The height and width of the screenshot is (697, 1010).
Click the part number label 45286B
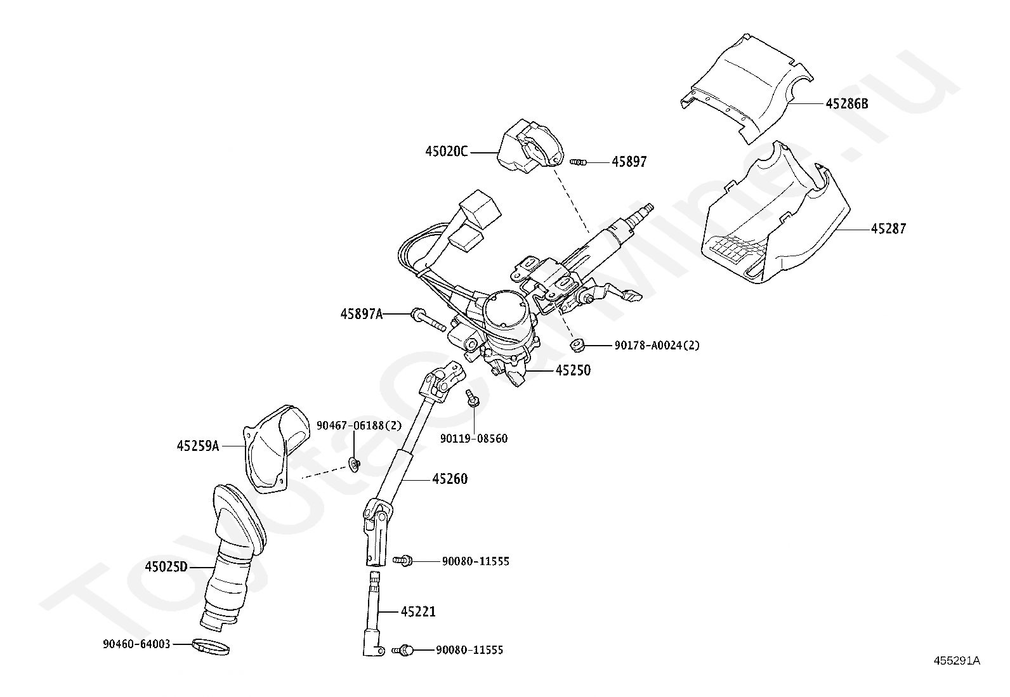click(847, 103)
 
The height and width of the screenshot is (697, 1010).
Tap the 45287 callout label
click(888, 228)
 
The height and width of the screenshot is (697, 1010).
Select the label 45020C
click(447, 152)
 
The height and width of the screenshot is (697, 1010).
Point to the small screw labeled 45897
click(578, 161)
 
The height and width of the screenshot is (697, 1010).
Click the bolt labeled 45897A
click(428, 320)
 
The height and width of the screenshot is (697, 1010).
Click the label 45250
click(573, 370)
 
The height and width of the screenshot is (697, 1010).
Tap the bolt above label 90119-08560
click(473, 398)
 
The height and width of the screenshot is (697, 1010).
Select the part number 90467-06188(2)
click(359, 425)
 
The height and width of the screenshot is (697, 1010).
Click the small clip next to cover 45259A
click(355, 464)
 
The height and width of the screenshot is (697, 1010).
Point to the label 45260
click(450, 479)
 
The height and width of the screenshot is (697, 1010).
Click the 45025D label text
click(166, 566)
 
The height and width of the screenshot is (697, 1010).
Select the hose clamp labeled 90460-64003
click(211, 648)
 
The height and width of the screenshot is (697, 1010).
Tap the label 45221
click(419, 612)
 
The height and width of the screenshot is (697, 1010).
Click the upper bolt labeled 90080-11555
click(403, 561)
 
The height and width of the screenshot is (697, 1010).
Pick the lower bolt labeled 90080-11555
click(403, 649)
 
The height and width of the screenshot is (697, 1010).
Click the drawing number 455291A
click(957, 661)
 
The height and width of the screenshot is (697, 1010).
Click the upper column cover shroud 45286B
click(747, 88)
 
